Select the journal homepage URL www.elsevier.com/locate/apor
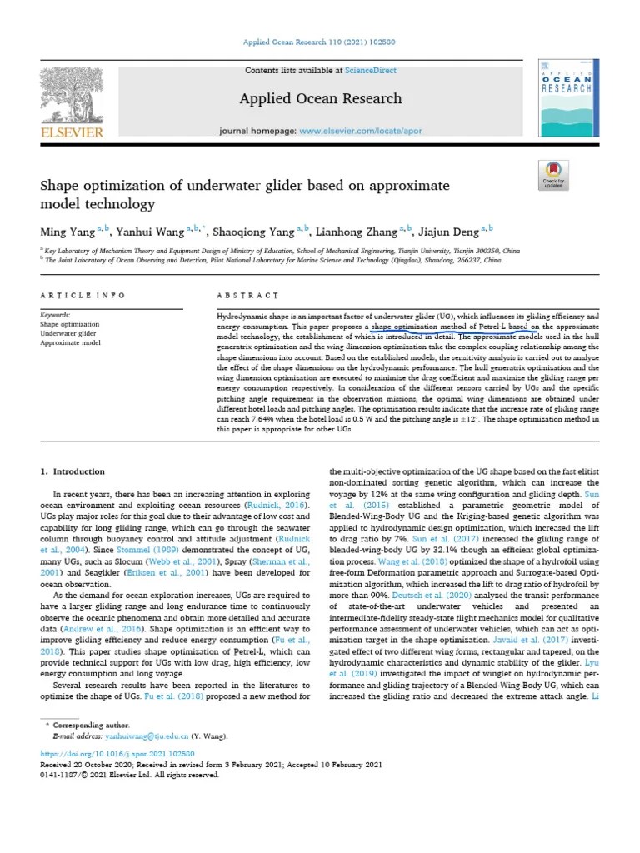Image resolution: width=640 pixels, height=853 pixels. click(366, 132)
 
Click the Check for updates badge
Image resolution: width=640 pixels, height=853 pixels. click(553, 176)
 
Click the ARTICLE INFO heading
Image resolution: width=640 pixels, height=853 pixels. click(83, 296)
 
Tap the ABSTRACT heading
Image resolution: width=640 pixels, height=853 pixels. click(247, 296)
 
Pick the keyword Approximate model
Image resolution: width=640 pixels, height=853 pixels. click(70, 342)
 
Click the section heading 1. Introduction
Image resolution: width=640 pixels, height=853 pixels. click(73, 471)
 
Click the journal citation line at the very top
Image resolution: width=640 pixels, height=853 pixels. click(319, 42)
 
